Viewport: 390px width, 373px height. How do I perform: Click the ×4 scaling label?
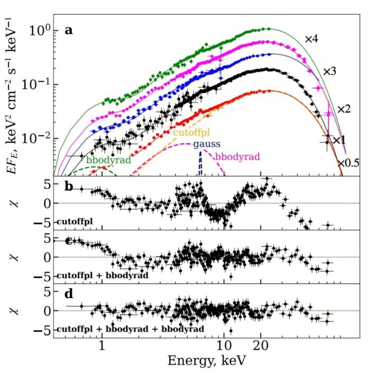tap(312, 39)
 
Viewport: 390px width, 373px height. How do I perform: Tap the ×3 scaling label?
tap(329, 72)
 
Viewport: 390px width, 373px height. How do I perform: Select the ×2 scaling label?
tap(344, 109)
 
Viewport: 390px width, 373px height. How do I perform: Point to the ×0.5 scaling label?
tap(348, 163)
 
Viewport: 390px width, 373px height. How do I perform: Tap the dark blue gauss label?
tap(204, 145)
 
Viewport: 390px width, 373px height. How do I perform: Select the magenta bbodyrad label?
tap(237, 156)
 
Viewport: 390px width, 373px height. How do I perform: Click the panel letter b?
tap(68, 186)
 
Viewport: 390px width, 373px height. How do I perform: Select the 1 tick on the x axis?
tap(102, 346)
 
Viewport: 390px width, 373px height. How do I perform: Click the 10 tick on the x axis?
tap(223, 346)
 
